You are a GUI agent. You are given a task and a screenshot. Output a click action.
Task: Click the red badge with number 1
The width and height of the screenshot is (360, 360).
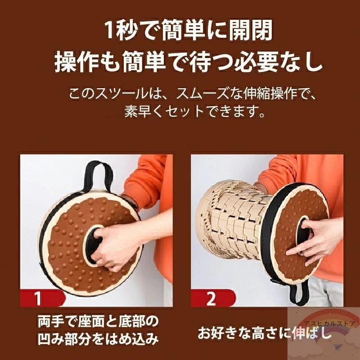tap(41, 298)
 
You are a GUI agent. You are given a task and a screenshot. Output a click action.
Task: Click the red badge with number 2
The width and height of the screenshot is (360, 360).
tap(212, 298)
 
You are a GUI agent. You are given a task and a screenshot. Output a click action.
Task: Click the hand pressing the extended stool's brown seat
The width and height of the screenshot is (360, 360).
tap(315, 239)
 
